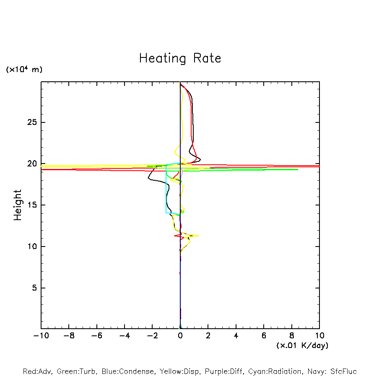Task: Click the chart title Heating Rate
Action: pyautogui.click(x=180, y=58)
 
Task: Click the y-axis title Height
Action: pyautogui.click(x=18, y=205)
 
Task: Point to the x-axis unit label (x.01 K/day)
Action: pyautogui.click(x=302, y=345)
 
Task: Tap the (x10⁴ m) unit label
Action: pyautogui.click(x=24, y=70)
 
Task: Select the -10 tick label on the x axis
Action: pyautogui.click(x=41, y=336)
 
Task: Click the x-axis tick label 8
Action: pyautogui.click(x=292, y=336)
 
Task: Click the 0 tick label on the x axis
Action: pyautogui.click(x=180, y=336)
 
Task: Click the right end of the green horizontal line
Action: pyautogui.click(x=298, y=169)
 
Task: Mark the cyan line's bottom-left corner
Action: pyautogui.click(x=166, y=213)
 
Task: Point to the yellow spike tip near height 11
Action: pyautogui.click(x=198, y=236)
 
